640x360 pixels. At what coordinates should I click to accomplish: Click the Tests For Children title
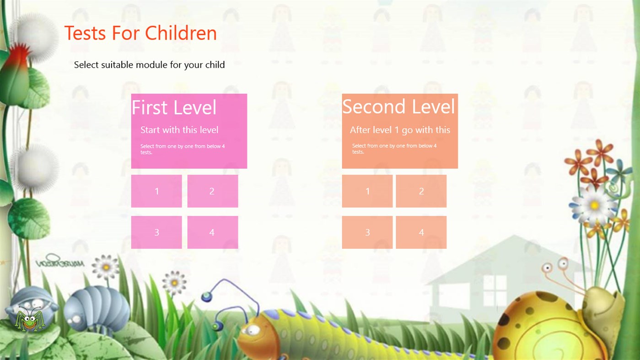click(140, 33)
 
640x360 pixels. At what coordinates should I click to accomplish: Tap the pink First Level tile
click(189, 131)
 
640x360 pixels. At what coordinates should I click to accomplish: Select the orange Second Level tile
click(399, 131)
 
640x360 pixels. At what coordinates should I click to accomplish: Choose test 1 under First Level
click(156, 191)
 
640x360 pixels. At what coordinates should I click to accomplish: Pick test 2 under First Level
click(212, 191)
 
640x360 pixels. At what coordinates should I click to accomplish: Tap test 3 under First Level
click(156, 232)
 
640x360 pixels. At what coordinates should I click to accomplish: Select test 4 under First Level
click(212, 232)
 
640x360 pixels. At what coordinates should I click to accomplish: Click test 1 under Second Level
click(367, 191)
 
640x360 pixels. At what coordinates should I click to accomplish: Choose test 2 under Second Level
click(421, 191)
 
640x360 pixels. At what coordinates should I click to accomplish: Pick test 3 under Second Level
click(367, 232)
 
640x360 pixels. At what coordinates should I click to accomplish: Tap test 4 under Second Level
click(421, 232)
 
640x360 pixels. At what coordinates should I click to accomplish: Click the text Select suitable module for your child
click(149, 65)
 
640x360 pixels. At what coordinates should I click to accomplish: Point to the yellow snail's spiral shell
click(540, 327)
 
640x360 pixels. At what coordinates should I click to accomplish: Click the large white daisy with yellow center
click(593, 205)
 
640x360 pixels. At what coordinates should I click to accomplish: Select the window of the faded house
click(495, 289)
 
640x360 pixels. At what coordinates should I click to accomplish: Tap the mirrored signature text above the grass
click(60, 263)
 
